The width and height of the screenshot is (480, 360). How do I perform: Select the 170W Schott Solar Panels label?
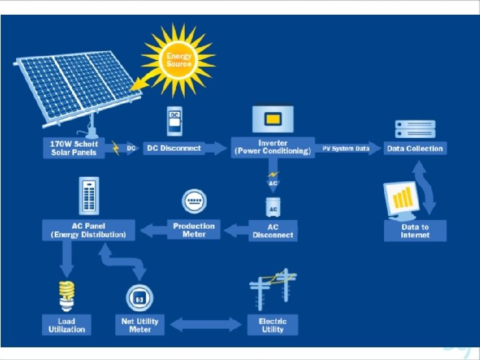(74, 148)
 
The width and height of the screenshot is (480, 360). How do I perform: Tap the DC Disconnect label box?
(173, 148)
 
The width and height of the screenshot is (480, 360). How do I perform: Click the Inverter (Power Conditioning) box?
(272, 147)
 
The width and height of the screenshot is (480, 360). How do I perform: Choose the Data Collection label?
(415, 148)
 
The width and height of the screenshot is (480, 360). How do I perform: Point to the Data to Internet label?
(415, 231)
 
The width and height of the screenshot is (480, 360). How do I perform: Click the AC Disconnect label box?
(273, 231)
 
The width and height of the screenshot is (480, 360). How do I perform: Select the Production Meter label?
(194, 229)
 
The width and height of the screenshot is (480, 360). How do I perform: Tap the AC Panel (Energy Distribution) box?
(89, 230)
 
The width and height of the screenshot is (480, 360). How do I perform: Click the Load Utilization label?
(67, 325)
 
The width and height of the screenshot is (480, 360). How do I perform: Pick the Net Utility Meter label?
(140, 325)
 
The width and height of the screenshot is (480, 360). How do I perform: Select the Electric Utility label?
(272, 325)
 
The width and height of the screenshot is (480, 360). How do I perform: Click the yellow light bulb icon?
(66, 296)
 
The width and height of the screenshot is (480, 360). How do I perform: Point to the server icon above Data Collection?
(415, 128)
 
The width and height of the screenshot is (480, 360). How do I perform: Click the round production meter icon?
(194, 201)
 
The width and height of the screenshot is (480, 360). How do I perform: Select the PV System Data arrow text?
(345, 148)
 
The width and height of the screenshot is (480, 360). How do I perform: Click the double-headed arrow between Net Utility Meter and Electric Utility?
(206, 325)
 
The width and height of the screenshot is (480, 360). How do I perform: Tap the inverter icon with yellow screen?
(272, 120)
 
